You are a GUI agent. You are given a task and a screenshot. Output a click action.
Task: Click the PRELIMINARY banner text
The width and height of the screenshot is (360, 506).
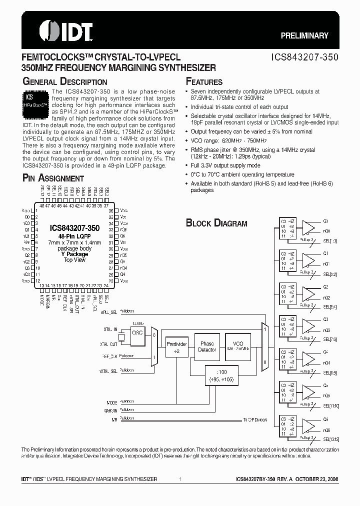pos(304,36)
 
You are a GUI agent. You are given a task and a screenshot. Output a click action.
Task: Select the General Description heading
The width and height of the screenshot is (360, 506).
pos(65,81)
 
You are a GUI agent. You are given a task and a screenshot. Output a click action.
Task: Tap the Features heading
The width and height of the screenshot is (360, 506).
pos(204,81)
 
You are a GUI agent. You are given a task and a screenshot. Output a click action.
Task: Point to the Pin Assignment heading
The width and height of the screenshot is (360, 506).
pos(53,178)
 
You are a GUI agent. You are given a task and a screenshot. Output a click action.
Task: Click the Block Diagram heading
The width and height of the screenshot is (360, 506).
pos(216,223)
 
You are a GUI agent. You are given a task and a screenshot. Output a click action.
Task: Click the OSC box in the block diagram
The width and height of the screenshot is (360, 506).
pos(137,333)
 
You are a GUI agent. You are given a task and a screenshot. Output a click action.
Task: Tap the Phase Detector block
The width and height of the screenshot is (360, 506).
pos(207,346)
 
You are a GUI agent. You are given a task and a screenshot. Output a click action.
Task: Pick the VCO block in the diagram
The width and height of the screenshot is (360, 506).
pos(238,346)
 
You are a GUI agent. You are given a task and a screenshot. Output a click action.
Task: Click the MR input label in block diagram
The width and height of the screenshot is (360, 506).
pos(114,419)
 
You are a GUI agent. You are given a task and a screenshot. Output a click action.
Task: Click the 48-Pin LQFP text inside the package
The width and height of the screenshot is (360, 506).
pos(74,236)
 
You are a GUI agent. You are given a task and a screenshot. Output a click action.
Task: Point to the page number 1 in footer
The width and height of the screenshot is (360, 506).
pos(180,479)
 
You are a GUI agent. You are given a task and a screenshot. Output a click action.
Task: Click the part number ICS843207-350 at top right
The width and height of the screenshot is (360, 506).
pos(306,57)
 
